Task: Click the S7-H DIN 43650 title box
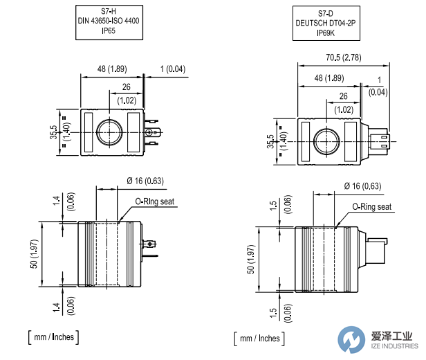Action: pyautogui.click(x=109, y=22)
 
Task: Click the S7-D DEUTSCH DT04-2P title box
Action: pyautogui.click(x=326, y=24)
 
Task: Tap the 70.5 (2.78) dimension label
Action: pyautogui.click(x=344, y=57)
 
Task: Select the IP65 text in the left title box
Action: pyautogui.click(x=109, y=31)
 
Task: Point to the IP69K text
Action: pyautogui.click(x=326, y=33)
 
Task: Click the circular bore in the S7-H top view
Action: pyautogui.click(x=109, y=132)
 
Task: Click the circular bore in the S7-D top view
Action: pyautogui.click(x=326, y=142)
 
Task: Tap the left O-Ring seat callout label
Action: pyautogui.click(x=155, y=201)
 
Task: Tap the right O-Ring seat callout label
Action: pyautogui.click(x=372, y=207)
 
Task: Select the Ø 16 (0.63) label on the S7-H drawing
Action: pyautogui.click(x=145, y=181)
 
